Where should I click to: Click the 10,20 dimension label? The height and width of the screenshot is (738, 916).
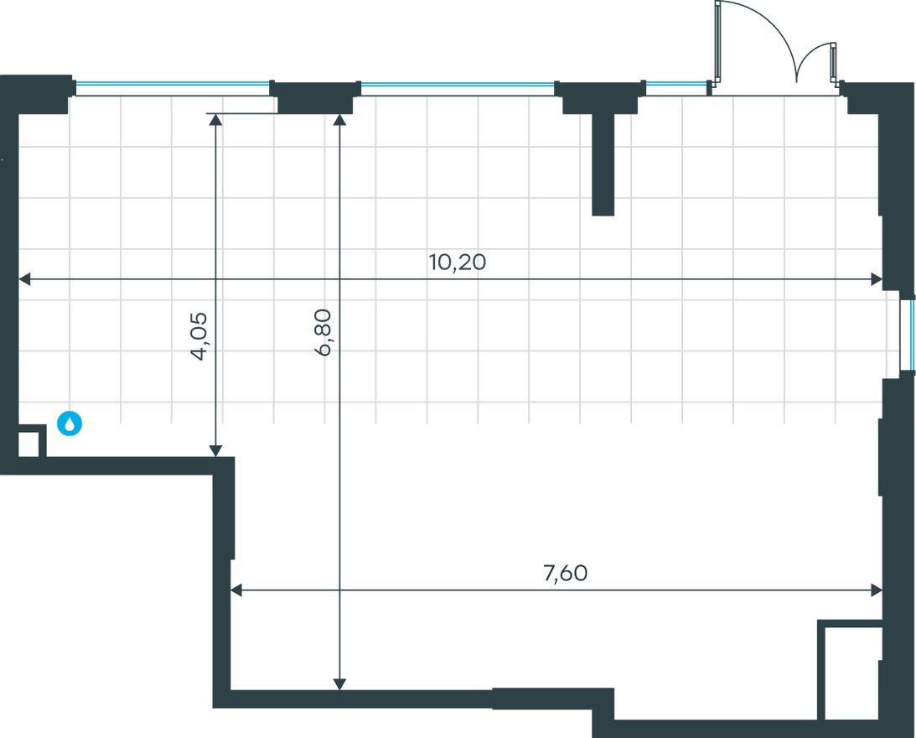coord(457,262)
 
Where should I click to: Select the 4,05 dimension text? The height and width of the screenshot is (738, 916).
coord(199,335)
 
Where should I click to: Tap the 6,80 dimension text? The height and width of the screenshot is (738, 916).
coord(323,332)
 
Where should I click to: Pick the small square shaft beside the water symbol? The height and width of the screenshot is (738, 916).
coord(28,443)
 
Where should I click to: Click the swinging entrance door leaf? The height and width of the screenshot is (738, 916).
coord(718,42)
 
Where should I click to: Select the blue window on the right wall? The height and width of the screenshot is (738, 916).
coord(908,333)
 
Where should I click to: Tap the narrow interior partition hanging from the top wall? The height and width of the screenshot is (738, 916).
coord(603,164)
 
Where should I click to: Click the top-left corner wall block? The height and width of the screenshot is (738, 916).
coord(38,92)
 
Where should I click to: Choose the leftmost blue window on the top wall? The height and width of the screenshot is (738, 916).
coord(172,84)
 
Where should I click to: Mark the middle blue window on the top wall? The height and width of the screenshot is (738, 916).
coord(458,84)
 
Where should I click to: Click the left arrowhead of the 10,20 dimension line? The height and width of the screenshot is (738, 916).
coord(25,279)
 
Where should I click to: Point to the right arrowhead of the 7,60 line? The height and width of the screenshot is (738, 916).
coord(877,590)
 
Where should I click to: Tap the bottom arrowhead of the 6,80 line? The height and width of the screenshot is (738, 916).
coord(339,683)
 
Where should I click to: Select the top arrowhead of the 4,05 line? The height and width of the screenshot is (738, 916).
coord(216,119)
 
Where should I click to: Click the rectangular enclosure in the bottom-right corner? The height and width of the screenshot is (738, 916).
coord(849,671)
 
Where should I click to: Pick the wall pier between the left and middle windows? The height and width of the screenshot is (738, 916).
coord(314,97)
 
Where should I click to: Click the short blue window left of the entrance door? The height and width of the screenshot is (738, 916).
coord(676,84)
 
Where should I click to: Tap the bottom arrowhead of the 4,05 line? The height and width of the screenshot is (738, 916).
coord(216,450)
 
